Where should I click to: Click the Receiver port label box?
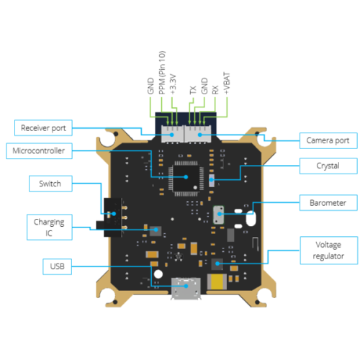43,128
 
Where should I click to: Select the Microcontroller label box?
39,151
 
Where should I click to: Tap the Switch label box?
50,184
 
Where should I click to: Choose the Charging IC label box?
50,227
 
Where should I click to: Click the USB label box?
58,266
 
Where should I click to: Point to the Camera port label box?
328,140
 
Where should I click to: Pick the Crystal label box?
328,166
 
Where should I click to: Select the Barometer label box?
328,203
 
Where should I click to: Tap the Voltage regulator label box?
329,251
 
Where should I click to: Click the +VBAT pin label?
227,83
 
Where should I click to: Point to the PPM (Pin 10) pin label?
162,73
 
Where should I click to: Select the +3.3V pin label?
173,84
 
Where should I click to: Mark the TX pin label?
193,90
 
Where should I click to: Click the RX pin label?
215,90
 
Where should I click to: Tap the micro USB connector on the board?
186,288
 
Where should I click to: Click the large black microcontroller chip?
186,178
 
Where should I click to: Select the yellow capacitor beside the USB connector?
217,282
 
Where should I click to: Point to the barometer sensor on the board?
219,215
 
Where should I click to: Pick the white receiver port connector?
172,135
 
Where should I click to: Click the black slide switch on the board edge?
112,217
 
